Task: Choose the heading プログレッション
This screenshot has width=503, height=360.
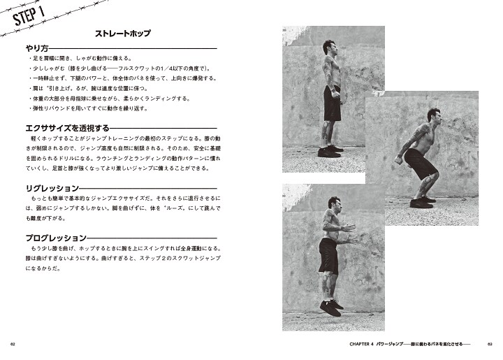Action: [x=51, y=238]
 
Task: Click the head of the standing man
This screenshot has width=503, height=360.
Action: [x=328, y=50]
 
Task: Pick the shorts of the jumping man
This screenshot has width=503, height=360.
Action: [x=328, y=256]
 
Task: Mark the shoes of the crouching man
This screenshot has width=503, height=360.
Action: [x=421, y=202]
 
